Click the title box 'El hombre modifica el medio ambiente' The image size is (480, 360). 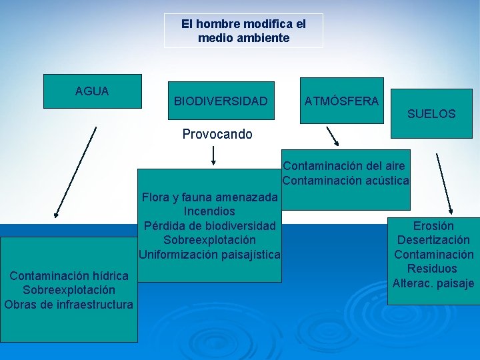[x=243, y=31]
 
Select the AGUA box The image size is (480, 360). [x=93, y=91]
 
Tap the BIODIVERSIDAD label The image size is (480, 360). [x=221, y=101]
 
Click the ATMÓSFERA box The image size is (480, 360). [x=341, y=101]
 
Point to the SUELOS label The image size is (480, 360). [x=431, y=114]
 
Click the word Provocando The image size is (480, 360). [x=217, y=134]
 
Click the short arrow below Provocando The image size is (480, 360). [x=213, y=155]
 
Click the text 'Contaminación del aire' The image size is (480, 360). [x=343, y=165]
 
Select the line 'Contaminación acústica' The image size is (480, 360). [x=345, y=180]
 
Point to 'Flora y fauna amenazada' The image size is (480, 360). [x=210, y=197]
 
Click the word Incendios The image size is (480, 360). [x=209, y=211]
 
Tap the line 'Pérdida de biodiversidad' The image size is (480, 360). [x=209, y=225]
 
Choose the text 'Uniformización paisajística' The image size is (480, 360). [x=209, y=254]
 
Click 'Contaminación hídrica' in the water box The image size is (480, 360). [x=69, y=275]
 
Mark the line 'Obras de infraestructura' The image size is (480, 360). [x=69, y=305]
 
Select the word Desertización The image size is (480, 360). [x=433, y=240]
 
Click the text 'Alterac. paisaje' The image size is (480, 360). [x=433, y=283]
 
